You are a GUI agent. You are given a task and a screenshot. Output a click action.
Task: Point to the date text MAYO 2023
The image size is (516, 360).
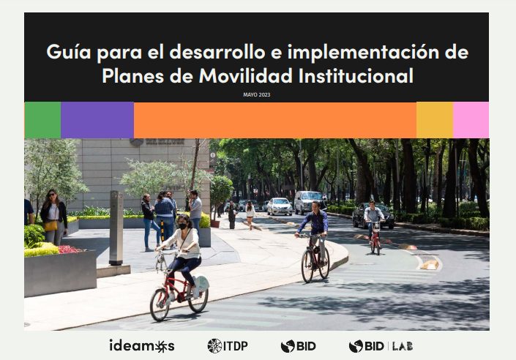point(256,94)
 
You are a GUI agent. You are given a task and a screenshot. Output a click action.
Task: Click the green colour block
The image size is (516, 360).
point(42,120)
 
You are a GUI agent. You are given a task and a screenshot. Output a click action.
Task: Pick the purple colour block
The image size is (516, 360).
point(97,120)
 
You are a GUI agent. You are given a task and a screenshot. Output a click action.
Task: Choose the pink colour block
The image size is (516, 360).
point(471,120)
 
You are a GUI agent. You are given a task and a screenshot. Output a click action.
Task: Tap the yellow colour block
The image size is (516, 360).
point(435,120)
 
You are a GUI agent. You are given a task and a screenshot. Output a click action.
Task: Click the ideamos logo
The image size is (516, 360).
point(142,345)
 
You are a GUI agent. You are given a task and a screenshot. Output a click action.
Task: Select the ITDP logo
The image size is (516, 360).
point(228,345)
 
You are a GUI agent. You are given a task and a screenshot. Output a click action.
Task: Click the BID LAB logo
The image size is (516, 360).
point(380,345)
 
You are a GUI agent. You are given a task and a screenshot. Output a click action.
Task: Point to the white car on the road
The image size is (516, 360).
point(280,206)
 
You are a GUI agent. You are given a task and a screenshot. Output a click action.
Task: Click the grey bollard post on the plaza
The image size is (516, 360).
point(116,227)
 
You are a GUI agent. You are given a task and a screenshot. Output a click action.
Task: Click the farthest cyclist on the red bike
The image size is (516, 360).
point(374,223)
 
